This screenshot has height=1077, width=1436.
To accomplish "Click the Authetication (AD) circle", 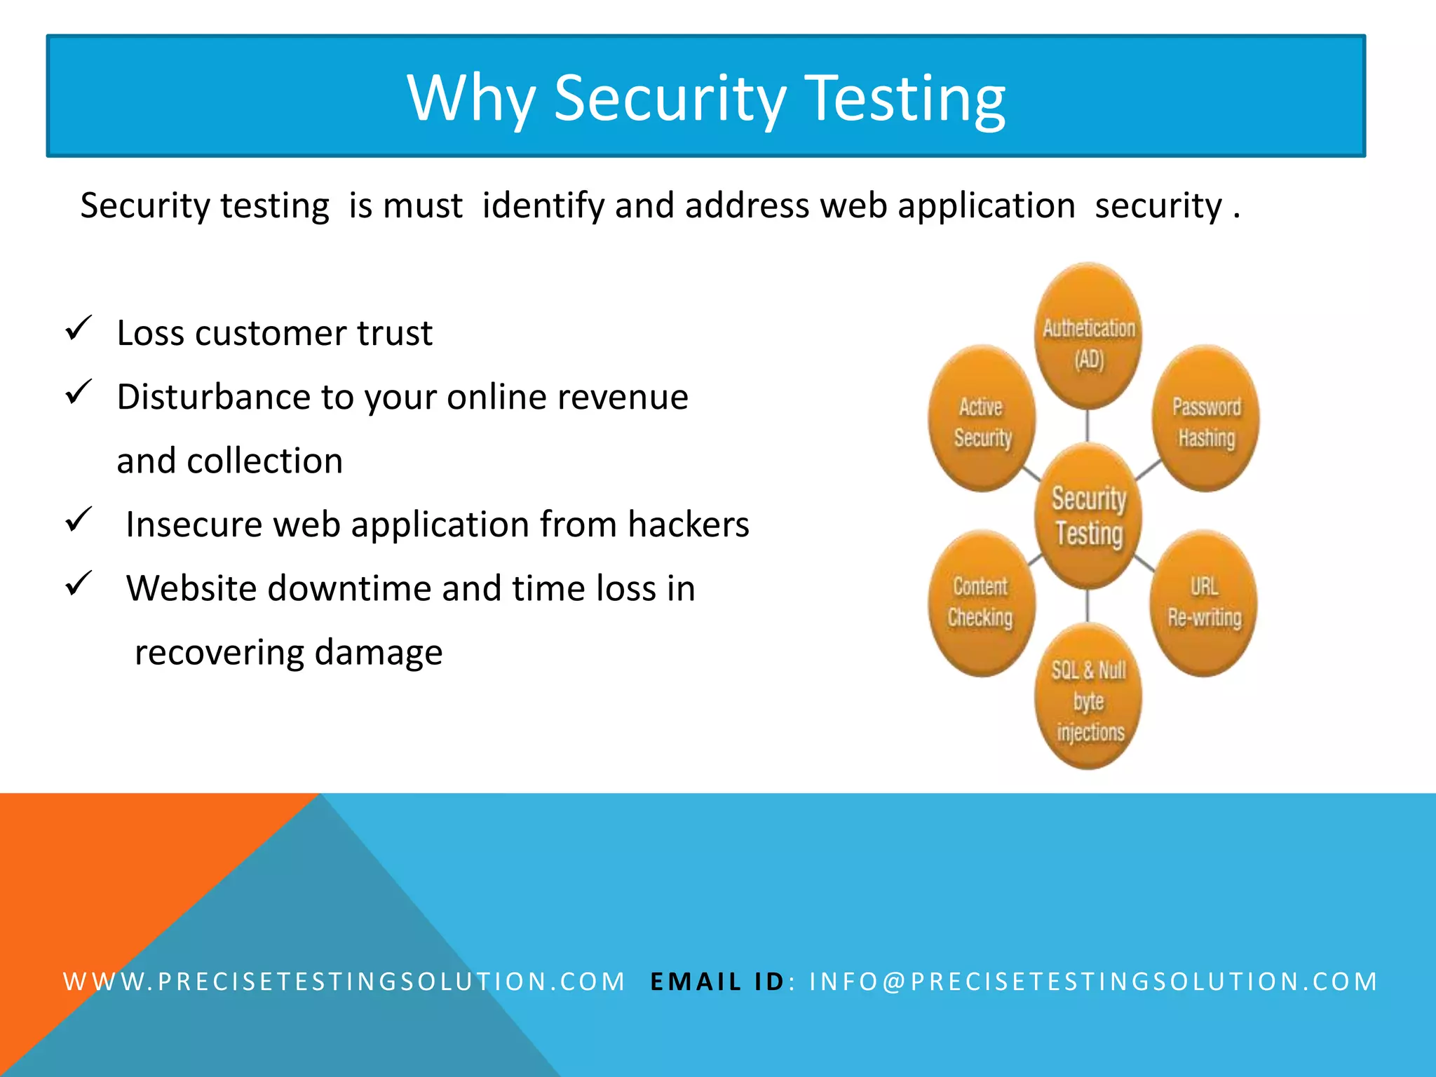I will pos(1088,337).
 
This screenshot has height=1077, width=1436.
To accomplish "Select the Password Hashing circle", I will pos(1205,419).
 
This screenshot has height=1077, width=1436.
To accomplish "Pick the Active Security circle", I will pos(982,419).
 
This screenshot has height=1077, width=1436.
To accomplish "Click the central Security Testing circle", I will pos(1088,516).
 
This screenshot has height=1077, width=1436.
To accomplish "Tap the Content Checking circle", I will pos(980,603).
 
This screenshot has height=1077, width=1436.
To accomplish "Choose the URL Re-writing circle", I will pos(1204,603).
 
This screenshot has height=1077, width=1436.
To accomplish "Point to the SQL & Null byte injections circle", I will pos(1088,698).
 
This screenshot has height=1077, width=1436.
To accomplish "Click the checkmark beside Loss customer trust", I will pos(79,328).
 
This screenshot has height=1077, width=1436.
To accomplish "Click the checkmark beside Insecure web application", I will pos(79,520).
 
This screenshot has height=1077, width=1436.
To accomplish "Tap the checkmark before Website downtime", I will pos(79,583).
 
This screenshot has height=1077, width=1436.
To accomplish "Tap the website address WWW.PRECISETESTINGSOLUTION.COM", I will pos(344,982).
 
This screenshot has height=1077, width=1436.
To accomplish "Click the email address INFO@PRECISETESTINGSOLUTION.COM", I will pos(1093,982).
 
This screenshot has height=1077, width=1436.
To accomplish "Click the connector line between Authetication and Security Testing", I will pos(1088,425).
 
